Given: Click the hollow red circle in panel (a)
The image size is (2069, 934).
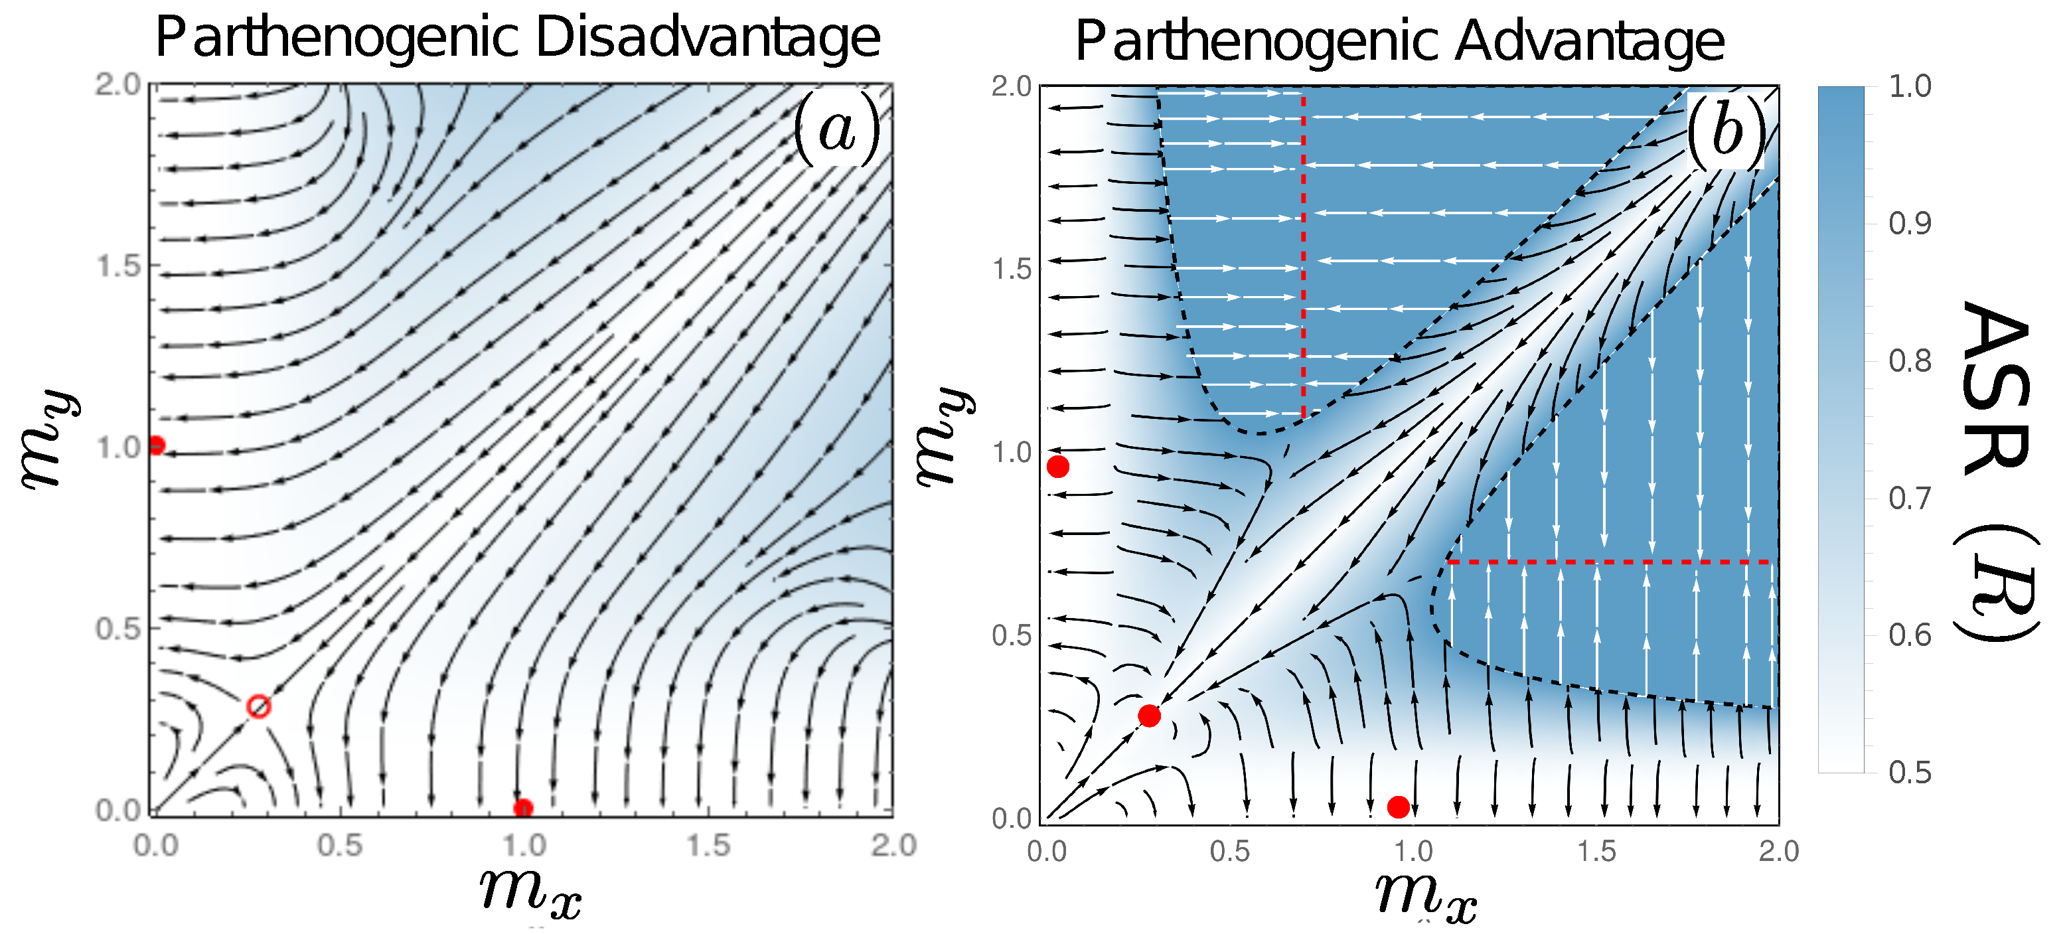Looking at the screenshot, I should click(x=258, y=707).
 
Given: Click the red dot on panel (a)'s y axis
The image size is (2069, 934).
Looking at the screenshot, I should click(x=157, y=445).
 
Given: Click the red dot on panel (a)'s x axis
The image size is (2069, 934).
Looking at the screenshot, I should click(x=523, y=808).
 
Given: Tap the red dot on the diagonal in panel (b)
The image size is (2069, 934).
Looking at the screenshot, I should click(x=1150, y=716).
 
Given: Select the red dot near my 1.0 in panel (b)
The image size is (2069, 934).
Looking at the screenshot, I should click(x=1058, y=467).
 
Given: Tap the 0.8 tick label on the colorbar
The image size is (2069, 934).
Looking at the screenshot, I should click(x=1910, y=361).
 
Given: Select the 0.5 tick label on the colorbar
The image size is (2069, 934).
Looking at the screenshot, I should click(x=1910, y=773).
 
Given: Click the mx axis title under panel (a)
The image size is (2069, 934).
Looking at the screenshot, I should click(x=531, y=893).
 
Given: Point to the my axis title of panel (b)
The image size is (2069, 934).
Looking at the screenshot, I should click(x=945, y=437).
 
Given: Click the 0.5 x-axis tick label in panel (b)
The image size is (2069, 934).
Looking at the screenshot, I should click(x=1230, y=851).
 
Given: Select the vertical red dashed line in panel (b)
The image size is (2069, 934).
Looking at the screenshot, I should click(x=1303, y=257).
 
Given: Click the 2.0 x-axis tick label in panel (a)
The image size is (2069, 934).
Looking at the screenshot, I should click(x=893, y=846).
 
